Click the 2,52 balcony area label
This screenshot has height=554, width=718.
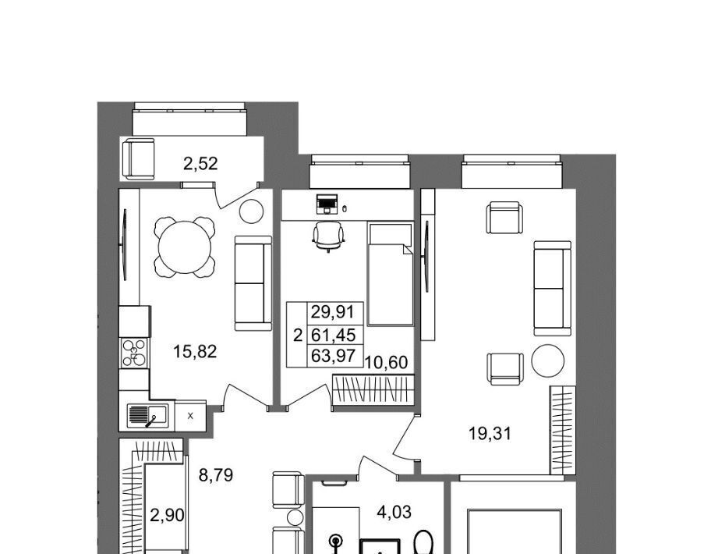(x=200, y=164)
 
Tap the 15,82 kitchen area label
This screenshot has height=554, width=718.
(x=195, y=352)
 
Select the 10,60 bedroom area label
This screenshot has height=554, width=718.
(x=386, y=363)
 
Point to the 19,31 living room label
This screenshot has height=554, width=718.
(x=490, y=433)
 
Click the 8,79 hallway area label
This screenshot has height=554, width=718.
(x=216, y=475)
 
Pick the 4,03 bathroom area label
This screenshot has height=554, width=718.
(x=394, y=512)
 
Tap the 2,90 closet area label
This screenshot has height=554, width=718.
(x=167, y=516)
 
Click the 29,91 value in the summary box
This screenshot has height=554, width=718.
(x=333, y=312)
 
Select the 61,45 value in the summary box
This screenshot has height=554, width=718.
(x=333, y=335)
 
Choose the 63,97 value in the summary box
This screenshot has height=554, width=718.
(x=333, y=356)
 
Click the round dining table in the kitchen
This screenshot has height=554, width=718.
(x=185, y=247)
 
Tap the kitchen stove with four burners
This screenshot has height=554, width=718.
(x=135, y=353)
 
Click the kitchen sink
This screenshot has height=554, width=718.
(x=147, y=416)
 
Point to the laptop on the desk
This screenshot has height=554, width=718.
(x=327, y=204)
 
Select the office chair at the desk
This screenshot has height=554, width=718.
(x=328, y=236)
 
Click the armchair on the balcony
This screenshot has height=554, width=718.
(x=138, y=159)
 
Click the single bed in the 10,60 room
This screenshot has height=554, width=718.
(x=390, y=275)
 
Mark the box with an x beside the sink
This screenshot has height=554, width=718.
(x=190, y=417)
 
